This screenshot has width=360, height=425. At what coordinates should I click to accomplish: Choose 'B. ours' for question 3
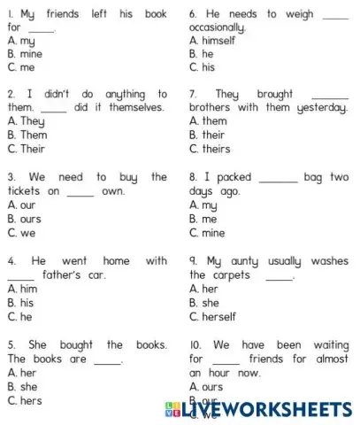(x=25, y=219)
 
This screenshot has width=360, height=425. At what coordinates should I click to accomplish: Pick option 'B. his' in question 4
(x=22, y=303)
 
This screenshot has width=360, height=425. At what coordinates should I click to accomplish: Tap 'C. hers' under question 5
(x=26, y=400)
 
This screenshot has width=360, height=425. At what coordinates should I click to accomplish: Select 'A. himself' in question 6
(x=212, y=40)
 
